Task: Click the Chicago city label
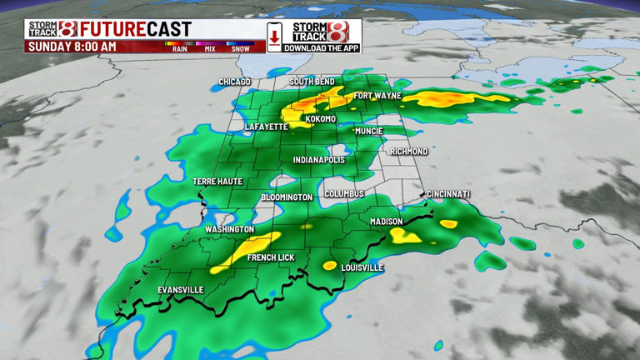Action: click(234, 82)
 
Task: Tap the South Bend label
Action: click(312, 82)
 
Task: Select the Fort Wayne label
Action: click(377, 96)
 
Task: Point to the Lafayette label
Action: click(266, 127)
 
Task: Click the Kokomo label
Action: click(321, 119)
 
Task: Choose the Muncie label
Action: click(368, 131)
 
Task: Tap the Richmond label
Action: click(408, 152)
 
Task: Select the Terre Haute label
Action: click(217, 181)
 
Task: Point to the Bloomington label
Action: click(287, 197)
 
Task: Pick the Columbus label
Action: click(344, 193)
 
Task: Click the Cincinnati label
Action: click(449, 194)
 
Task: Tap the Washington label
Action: click(230, 229)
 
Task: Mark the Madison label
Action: click(387, 222)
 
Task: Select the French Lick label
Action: click(271, 258)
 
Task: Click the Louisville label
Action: click(362, 267)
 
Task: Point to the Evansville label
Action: click(181, 290)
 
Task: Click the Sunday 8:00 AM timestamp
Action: click(72, 47)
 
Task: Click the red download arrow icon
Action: click(274, 37)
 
